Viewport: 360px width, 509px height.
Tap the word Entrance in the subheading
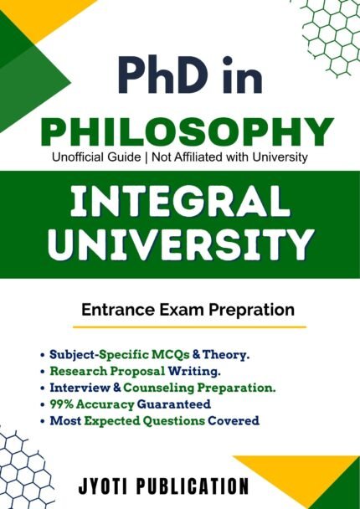coord(114,310)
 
